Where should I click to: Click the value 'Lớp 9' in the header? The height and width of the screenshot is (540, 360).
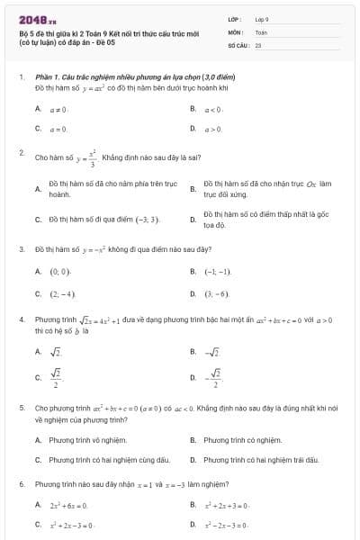(x=262, y=18)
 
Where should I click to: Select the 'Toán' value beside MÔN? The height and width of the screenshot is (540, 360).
(x=261, y=31)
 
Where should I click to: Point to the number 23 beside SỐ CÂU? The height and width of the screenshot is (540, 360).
(x=258, y=43)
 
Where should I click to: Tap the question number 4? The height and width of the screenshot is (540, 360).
(x=21, y=319)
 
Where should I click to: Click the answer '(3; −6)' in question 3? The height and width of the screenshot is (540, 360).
(x=217, y=294)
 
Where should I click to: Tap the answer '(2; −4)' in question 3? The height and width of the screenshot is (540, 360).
(x=62, y=294)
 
